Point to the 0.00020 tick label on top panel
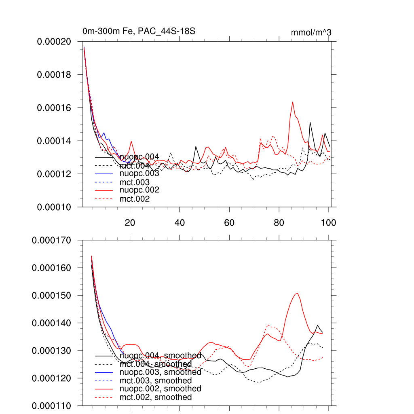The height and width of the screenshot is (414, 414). click(x=54, y=42)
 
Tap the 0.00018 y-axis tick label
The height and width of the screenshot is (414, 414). click(x=54, y=75)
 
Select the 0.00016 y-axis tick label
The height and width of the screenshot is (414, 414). click(x=54, y=108)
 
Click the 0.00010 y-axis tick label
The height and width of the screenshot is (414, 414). click(x=54, y=207)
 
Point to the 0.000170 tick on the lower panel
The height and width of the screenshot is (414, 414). click(x=52, y=240)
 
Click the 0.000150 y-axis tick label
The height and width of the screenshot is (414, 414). click(x=52, y=296)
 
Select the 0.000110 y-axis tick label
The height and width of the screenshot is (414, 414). click(x=52, y=406)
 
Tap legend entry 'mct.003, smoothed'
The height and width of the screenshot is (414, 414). click(x=156, y=380)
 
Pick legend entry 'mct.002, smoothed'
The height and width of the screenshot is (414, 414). click(x=156, y=397)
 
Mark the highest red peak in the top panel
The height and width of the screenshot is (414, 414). click(x=293, y=102)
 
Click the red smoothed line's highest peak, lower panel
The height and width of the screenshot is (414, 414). click(x=298, y=294)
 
